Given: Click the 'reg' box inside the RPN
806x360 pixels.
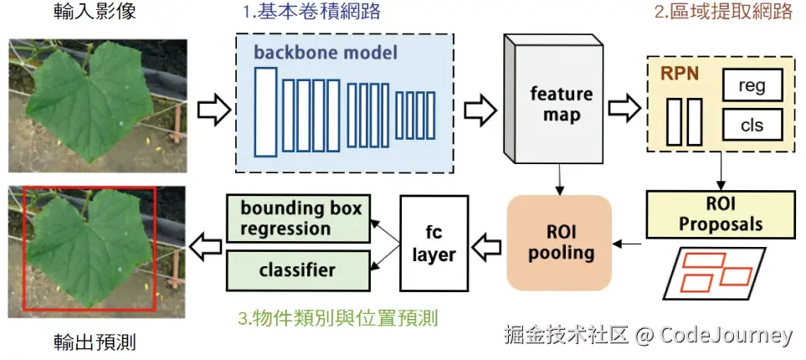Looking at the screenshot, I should pos(751,85).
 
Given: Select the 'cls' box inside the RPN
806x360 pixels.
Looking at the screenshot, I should pos(751,125).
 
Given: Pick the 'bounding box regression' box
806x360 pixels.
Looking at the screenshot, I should pos(299,219).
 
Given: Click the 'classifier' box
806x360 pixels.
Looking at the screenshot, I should pos(299,270).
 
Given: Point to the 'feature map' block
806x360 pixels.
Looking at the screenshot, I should pos(560,105).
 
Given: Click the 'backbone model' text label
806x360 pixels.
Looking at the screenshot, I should pos(326,52).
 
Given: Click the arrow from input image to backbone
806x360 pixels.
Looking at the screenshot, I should pos(213,108).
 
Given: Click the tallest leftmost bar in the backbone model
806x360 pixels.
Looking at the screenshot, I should pos(266,112).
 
